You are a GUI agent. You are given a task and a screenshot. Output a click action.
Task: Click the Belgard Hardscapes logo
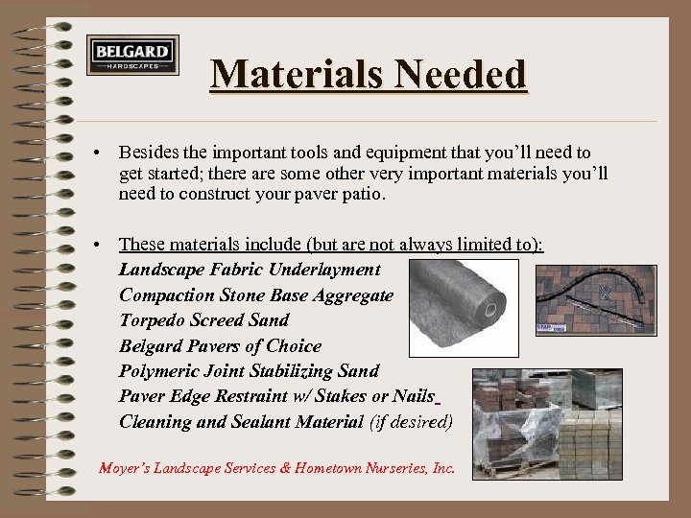[132, 55]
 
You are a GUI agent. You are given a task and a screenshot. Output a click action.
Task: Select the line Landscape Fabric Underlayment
[250, 270]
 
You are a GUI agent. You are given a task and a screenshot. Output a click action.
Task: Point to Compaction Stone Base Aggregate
[256, 294]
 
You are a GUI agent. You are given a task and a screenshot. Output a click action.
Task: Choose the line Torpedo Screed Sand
[203, 319]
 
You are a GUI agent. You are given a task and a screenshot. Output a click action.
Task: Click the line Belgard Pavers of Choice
[220, 345]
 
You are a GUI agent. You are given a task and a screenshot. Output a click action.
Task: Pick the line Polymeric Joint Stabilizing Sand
[249, 370]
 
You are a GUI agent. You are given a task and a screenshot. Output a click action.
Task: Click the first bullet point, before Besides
[99, 153]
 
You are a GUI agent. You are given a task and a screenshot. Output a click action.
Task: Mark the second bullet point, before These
[99, 245]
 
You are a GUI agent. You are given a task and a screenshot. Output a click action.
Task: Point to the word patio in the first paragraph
[364, 195]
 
